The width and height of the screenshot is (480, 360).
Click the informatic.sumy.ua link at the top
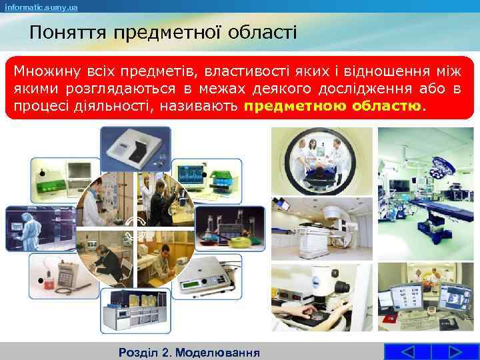[x=41, y=7]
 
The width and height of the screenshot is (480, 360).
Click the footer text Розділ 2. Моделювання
[x=188, y=351]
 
